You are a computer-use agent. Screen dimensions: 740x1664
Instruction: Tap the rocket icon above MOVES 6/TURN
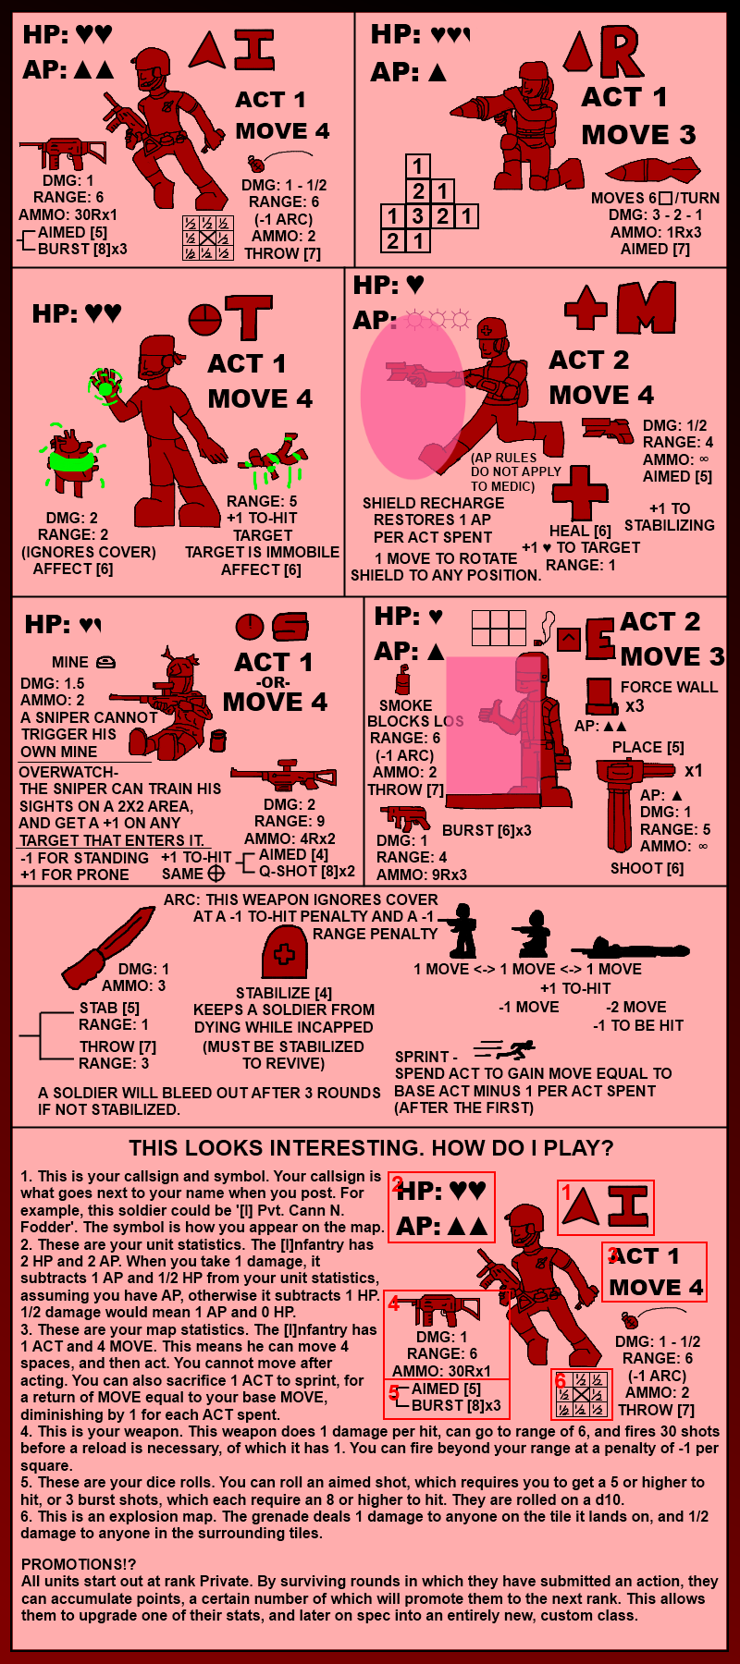coord(652,171)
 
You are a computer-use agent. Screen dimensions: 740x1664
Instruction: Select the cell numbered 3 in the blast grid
coord(418,216)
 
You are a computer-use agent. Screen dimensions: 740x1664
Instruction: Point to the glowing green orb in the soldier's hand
coord(105,385)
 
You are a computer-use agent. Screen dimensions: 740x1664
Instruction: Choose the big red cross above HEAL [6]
coord(580,493)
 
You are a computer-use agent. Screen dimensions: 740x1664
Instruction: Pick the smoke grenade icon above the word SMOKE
coord(402,679)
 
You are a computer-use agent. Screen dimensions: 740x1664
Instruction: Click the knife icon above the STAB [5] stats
coord(107,948)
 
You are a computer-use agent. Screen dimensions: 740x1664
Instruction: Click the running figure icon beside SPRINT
coord(505,1049)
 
